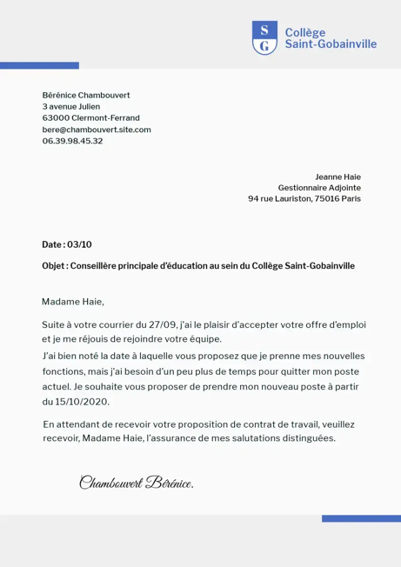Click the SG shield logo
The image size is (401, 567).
pos(264,38)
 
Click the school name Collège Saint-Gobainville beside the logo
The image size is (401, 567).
pos(331,38)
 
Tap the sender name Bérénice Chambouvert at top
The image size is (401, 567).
pos(85,94)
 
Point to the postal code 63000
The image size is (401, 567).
pos(56,117)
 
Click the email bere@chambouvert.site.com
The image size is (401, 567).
pos(97,129)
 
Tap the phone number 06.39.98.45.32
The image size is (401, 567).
pos(72,141)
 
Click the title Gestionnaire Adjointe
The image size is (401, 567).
pos(318,187)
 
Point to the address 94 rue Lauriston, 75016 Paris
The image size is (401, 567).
pos(304,198)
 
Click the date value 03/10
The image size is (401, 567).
pos(79,244)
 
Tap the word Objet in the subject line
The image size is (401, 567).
pos(53,265)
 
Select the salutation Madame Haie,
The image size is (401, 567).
pos(72,302)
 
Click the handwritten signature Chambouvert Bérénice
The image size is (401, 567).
pos(136,482)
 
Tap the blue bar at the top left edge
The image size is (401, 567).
pos(39,66)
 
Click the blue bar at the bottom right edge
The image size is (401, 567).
pos(361,518)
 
